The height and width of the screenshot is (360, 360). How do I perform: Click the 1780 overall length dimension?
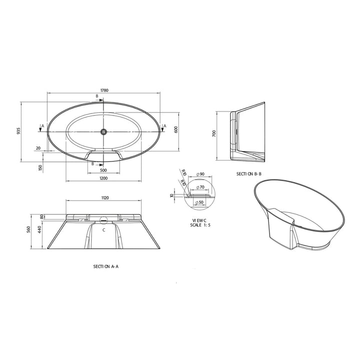tap(104, 90)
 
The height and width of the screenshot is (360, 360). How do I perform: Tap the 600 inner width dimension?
tap(176, 129)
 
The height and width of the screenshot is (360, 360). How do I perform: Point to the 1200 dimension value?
tap(103, 178)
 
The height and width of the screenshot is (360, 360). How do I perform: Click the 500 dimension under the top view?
tap(103, 169)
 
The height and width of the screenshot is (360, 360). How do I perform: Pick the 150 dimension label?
tap(40, 167)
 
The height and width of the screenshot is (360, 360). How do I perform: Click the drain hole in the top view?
tap(104, 132)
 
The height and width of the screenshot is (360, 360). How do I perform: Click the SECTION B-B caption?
tap(250, 173)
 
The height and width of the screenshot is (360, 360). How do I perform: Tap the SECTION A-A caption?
tap(105, 266)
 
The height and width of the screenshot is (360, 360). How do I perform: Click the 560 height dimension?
tap(29, 230)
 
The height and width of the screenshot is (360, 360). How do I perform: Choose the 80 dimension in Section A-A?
tap(42, 216)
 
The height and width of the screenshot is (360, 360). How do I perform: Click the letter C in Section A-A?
tap(103, 230)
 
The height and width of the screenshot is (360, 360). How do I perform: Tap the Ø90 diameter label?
tap(200, 174)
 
